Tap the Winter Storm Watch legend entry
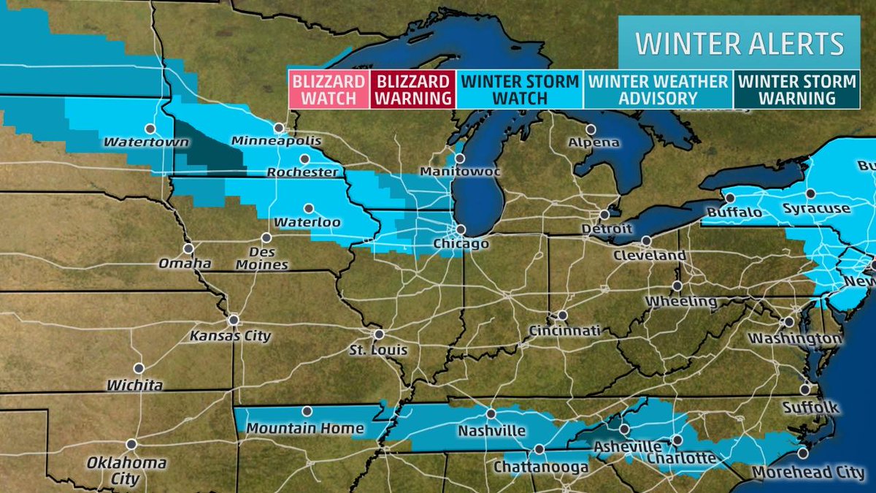tap(520, 89)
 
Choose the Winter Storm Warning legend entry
tap(796, 89)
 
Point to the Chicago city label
tap(460, 243)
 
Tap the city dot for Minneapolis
tap(278, 127)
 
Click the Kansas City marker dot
tap(234, 320)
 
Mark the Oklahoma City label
tap(126, 471)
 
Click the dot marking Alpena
tap(591, 129)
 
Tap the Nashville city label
tap(491, 430)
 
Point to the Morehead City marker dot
tap(803, 453)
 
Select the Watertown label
tap(133, 141)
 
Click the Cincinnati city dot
tap(562, 316)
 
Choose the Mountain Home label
tap(305, 427)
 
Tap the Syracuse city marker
tap(810, 194)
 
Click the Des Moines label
tap(267, 257)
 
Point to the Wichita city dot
tap(138, 368)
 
